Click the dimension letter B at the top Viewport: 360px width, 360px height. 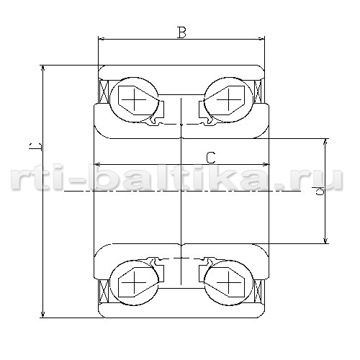point(181,32)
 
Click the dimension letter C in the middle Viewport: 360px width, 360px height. point(211,158)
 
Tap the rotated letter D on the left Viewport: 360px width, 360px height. point(35,146)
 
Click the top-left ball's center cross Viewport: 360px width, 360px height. point(134,99)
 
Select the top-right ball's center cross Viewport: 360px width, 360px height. point(229,99)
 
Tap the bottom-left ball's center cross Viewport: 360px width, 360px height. point(134,282)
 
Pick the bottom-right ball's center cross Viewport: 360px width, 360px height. point(229,282)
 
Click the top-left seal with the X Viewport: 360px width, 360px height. point(104,91)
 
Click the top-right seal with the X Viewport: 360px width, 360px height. point(258,91)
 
